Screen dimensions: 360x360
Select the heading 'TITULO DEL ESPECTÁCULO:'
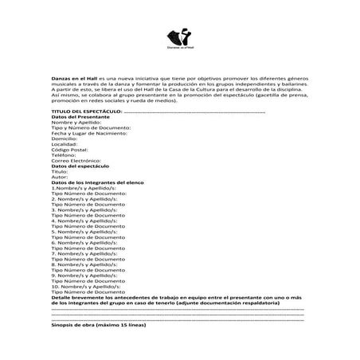point(87,112)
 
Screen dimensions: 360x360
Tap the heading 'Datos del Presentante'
point(80,117)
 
